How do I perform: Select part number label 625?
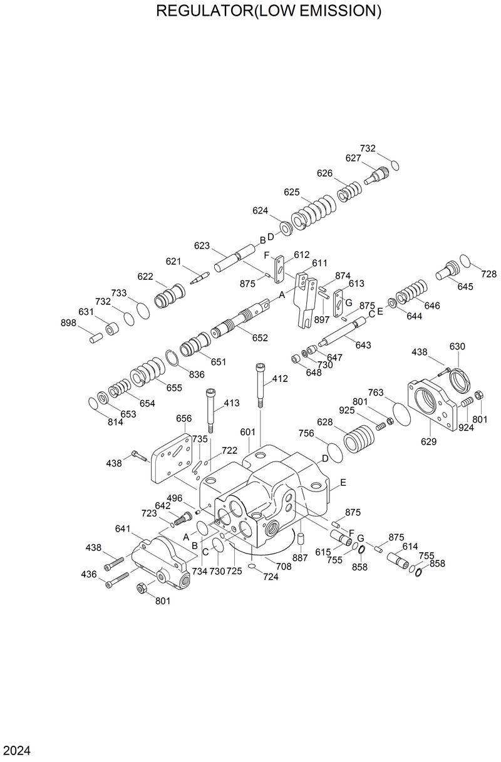coord(292,192)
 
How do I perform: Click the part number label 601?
coord(247,432)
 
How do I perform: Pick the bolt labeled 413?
coord(210,410)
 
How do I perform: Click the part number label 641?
coord(123,528)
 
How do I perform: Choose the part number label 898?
coord(68,322)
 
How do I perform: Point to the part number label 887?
coord(300,557)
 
